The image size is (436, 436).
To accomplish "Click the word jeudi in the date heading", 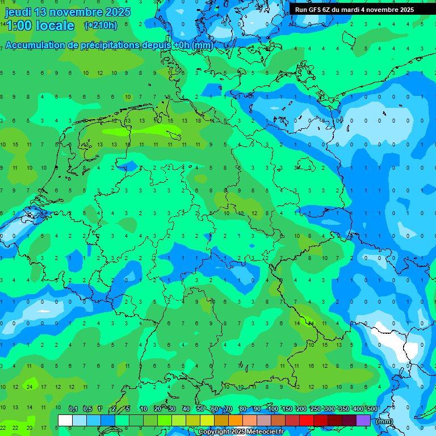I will tap(19, 12).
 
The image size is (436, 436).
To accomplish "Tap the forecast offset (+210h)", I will tap(100, 26).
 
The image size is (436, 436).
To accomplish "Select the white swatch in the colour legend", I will tap(65, 421).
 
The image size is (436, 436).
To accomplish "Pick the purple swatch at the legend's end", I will tap(363, 421).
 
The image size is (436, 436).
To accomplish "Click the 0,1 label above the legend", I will tap(73, 409).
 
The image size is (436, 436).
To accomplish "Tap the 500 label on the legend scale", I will tap(372, 409).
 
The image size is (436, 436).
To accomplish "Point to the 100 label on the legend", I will tap(273, 409).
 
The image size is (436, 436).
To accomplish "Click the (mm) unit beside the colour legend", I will tap(384, 421).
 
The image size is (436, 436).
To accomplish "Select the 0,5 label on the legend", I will tap(87, 409).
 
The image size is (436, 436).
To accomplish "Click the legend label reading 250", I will tap(315, 409).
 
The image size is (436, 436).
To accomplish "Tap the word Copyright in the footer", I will tap(214, 432).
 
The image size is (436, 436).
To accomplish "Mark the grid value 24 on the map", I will tap(30, 387).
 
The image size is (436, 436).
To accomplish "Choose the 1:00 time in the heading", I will tap(18, 26).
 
